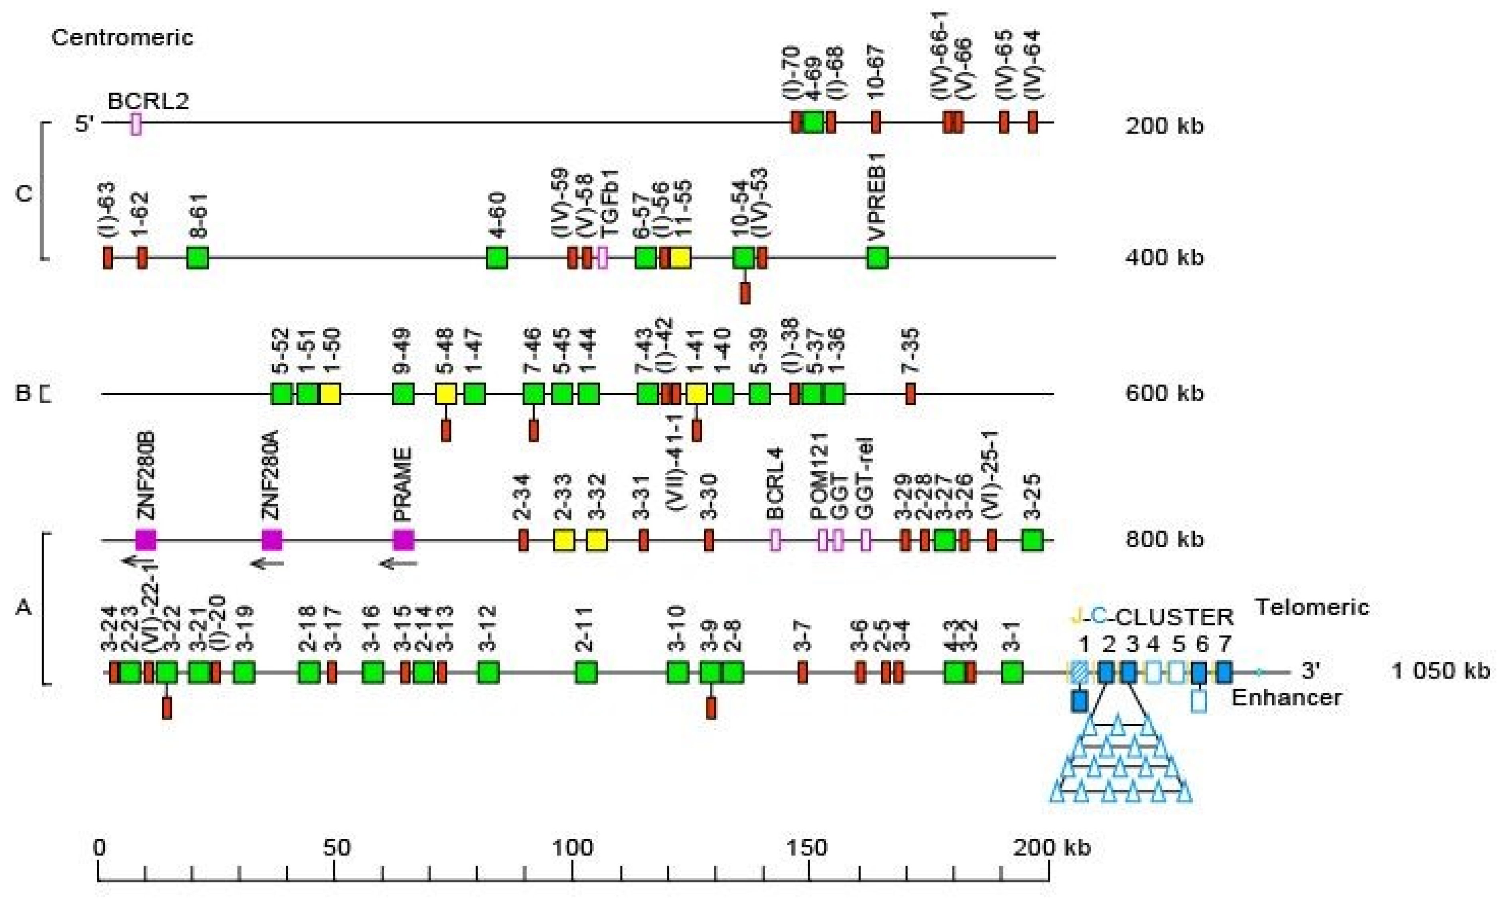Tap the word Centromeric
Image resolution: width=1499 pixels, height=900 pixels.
click(122, 38)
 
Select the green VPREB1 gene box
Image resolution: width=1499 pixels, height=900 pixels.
click(877, 258)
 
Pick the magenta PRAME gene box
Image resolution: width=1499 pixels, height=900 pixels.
click(403, 539)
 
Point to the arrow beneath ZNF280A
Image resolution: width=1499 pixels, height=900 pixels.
click(267, 564)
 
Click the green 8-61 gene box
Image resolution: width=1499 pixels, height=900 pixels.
click(198, 258)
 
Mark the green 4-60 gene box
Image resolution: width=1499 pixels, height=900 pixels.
click(497, 258)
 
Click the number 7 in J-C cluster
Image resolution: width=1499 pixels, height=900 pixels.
click(1224, 643)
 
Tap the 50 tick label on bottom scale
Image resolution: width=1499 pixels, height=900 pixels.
click(335, 847)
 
